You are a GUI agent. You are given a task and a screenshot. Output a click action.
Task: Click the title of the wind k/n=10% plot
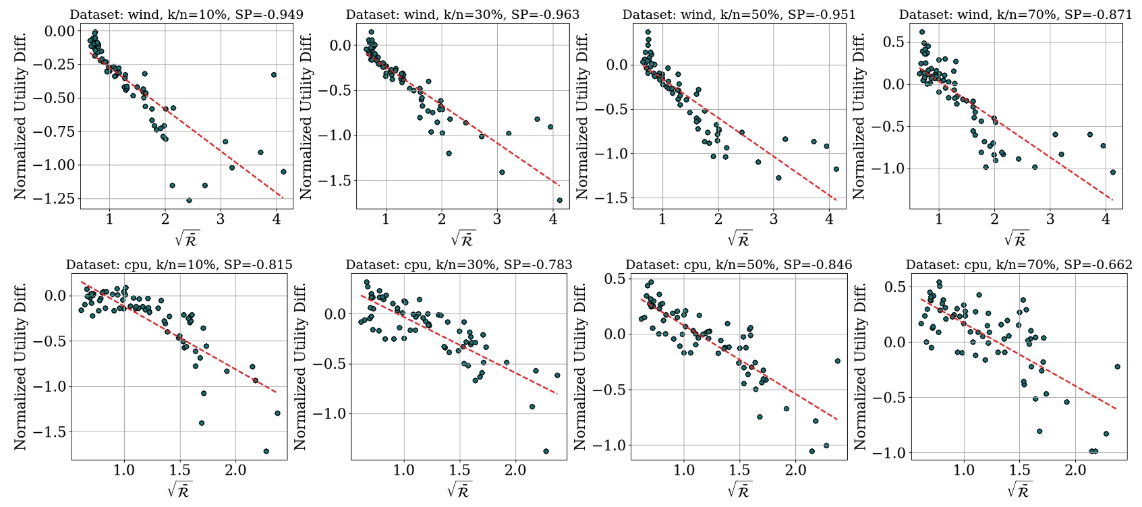[186, 14]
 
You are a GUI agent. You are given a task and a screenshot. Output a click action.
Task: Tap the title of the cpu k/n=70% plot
[1019, 265]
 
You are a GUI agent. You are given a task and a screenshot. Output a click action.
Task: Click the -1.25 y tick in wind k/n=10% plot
[57, 199]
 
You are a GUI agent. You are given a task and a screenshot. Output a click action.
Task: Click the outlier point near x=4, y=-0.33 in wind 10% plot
[274, 75]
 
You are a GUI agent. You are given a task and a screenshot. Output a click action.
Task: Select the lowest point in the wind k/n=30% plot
[559, 200]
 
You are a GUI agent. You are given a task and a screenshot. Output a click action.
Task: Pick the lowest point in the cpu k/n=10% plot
[266, 451]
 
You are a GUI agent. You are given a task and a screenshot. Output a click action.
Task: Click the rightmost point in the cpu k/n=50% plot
[837, 361]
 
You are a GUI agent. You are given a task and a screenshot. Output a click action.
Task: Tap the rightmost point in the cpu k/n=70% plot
[1117, 367]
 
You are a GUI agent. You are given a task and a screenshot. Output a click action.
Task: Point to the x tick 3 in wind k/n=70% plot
[1050, 220]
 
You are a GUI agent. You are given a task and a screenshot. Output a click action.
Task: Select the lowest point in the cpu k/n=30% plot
[546, 451]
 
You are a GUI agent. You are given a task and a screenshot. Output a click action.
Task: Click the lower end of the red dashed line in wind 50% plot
[836, 200]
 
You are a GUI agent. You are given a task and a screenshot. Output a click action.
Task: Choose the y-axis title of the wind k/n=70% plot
[859, 116]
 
